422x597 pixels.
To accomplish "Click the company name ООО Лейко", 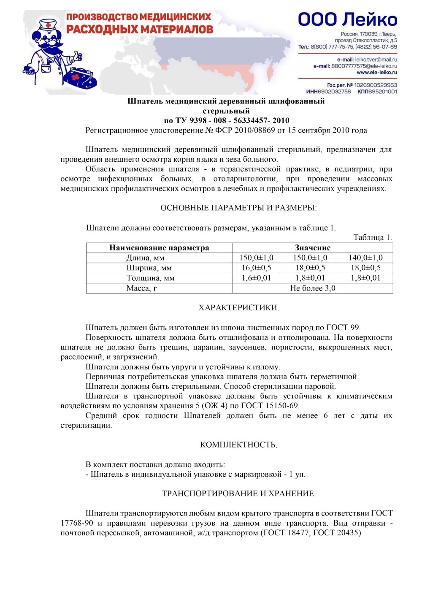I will pyautogui.click(x=347, y=20).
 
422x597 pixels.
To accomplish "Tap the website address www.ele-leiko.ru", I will pyautogui.click(x=377, y=72).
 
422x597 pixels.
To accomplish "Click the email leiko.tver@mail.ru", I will pyautogui.click(x=376, y=60).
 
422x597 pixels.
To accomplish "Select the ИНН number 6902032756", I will pyautogui.click(x=334, y=91).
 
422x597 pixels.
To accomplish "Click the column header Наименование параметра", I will pyautogui.click(x=159, y=248).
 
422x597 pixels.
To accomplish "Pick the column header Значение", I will pyautogui.click(x=312, y=248).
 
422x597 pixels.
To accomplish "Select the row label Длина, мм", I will pyautogui.click(x=145, y=258).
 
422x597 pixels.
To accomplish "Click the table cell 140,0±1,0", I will pyautogui.click(x=365, y=258).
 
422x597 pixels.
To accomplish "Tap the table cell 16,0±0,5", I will pyautogui.click(x=256, y=268).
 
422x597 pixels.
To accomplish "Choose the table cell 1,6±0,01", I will pyautogui.click(x=256, y=278).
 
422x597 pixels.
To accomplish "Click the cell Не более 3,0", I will pyautogui.click(x=312, y=288).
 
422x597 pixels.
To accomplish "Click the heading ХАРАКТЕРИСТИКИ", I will pyautogui.click(x=238, y=308).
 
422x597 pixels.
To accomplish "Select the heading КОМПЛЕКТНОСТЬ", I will pyautogui.click(x=238, y=445).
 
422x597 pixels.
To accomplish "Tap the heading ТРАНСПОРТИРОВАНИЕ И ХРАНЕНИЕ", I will pyautogui.click(x=238, y=494).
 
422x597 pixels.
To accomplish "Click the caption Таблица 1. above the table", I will pyautogui.click(x=373, y=237).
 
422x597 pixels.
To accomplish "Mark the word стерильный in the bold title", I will pyautogui.click(x=226, y=111).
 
